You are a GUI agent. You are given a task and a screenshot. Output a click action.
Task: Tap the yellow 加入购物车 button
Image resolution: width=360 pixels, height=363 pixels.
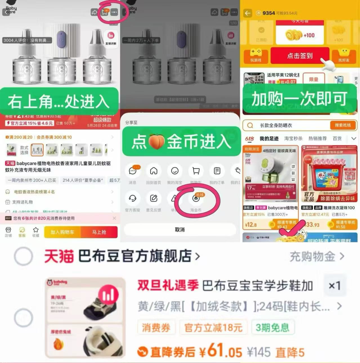pyautogui.click(x=62, y=232)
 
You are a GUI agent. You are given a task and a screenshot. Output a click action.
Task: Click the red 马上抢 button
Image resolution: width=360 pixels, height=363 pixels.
pyautogui.click(x=99, y=232)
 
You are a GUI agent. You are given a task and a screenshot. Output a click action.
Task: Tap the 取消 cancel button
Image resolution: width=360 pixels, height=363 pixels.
pyautogui.click(x=180, y=230)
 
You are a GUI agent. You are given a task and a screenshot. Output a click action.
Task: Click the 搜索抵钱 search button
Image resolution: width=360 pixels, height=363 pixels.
pyautogui.click(x=343, y=125)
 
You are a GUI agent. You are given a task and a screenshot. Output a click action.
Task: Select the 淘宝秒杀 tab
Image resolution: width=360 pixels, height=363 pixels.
pyautogui.click(x=293, y=138)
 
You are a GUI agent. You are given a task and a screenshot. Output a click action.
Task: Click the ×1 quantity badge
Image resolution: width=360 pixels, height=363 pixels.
pyautogui.click(x=335, y=286)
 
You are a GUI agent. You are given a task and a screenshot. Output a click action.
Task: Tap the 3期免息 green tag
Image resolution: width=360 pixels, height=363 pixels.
pyautogui.click(x=272, y=327)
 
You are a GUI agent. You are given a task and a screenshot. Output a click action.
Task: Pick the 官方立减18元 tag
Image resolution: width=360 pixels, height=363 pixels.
pyautogui.click(x=213, y=327)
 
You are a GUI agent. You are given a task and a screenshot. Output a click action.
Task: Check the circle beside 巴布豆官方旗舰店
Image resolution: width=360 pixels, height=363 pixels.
pyautogui.click(x=23, y=256)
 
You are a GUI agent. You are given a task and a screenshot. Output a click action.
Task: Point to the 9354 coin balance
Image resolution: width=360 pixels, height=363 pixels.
pyautogui.click(x=269, y=13)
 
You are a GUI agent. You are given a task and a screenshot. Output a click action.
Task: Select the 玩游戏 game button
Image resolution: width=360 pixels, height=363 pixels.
pyautogui.click(x=256, y=56)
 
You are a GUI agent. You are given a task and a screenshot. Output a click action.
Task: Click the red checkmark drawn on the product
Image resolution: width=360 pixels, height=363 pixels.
pyautogui.click(x=291, y=228)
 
